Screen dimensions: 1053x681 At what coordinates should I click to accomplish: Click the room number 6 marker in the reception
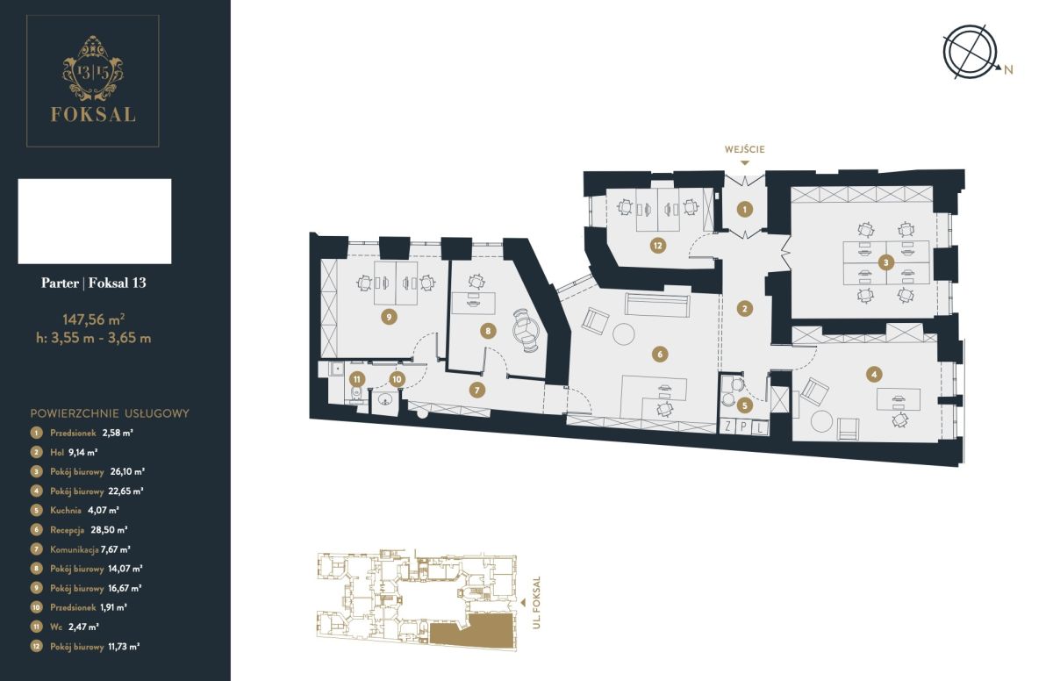coord(660,354)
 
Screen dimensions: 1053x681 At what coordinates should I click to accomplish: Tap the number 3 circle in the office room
coord(886,262)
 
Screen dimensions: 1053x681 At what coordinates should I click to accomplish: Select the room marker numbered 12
coord(657,246)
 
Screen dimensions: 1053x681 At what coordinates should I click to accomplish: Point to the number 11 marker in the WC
coord(357,379)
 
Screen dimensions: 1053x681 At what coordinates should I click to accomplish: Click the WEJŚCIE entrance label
coord(745,149)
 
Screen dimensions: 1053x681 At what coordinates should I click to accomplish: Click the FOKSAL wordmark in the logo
coord(93,114)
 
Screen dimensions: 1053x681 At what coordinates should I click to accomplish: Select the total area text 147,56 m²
coord(94,319)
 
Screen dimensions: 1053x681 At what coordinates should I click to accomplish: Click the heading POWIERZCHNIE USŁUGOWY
coord(110,413)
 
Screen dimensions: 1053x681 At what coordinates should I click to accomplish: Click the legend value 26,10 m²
coord(127,471)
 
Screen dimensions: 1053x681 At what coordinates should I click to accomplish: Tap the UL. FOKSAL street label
coord(537,603)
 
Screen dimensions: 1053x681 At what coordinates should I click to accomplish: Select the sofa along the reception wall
coord(657,305)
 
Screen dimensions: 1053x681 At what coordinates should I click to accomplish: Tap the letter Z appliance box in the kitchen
coord(728,427)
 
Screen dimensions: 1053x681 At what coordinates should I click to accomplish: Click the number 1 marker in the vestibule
coord(745,209)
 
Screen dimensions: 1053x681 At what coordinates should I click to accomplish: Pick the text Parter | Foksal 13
coord(94,283)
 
